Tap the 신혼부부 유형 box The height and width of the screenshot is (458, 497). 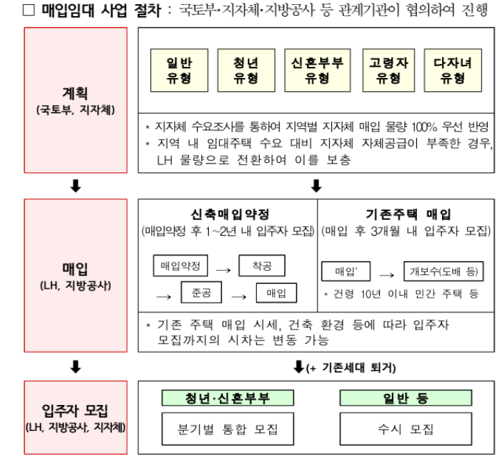coord(317,70)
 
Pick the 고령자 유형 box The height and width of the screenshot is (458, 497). coord(388,70)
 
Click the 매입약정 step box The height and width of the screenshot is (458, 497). coord(179,266)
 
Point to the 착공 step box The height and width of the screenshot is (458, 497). coord(262,266)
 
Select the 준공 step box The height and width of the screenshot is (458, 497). coord(201,292)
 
